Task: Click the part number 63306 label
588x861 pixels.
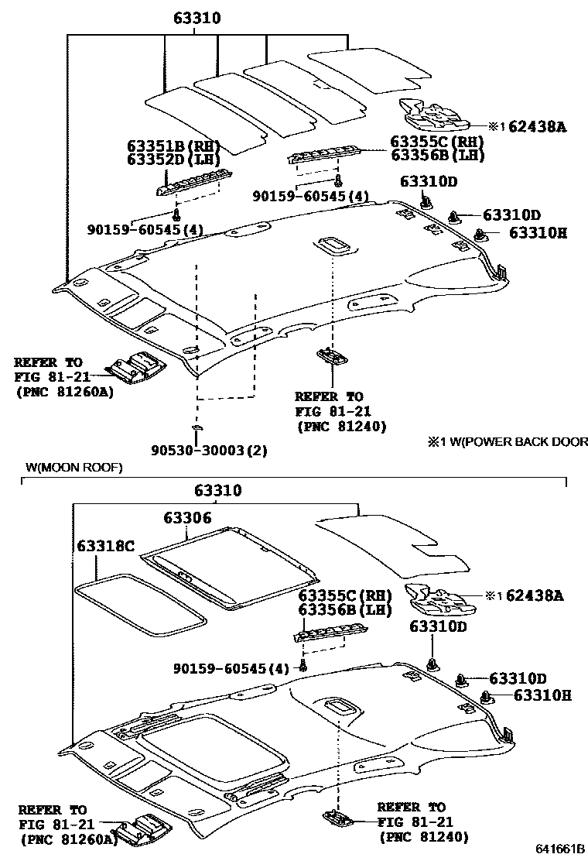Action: tap(187, 518)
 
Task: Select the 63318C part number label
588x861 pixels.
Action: tap(105, 547)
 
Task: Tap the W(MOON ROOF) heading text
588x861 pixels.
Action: tap(73, 468)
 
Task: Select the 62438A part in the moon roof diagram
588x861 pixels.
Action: tap(437, 598)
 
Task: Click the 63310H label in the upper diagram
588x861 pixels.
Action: tap(538, 233)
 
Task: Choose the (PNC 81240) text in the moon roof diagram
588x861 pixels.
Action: tap(423, 837)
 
